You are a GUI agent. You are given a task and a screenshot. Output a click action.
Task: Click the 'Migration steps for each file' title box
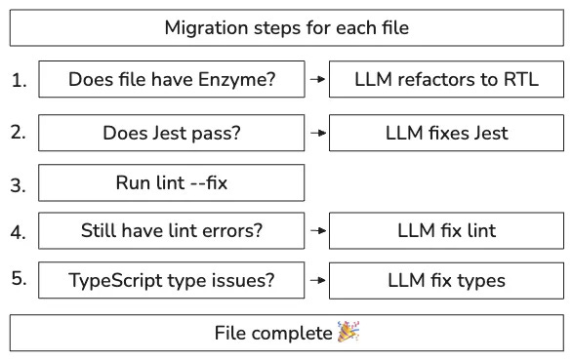(x=287, y=27)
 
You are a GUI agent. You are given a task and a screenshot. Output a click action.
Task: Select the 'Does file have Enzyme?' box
(x=172, y=79)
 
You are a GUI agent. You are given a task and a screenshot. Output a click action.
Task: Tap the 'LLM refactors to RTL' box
(x=446, y=79)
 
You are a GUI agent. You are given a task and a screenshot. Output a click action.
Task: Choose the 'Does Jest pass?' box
(x=172, y=133)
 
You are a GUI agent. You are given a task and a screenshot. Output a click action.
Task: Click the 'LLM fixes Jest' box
(x=446, y=133)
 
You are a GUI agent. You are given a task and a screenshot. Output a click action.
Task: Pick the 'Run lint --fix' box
(x=172, y=182)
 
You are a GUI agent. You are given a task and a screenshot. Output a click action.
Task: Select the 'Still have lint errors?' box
(x=172, y=231)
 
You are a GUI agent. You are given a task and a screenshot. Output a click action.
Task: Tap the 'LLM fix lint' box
(x=446, y=231)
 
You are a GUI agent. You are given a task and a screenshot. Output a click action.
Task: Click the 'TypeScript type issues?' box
(x=172, y=280)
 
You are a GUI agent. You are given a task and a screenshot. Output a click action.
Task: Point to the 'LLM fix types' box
(x=446, y=280)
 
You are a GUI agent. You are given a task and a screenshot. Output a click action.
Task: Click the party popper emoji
(x=348, y=332)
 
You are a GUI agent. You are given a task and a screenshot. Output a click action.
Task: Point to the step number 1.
(x=19, y=80)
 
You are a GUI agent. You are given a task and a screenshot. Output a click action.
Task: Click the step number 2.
(x=19, y=132)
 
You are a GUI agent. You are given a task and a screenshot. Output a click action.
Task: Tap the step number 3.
(x=19, y=185)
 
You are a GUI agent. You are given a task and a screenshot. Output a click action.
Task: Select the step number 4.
(x=19, y=232)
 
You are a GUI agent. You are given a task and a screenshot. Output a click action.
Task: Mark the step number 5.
(x=19, y=279)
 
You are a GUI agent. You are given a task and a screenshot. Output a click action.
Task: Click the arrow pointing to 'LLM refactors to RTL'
(x=317, y=79)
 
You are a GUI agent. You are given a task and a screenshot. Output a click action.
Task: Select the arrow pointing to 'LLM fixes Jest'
(x=317, y=133)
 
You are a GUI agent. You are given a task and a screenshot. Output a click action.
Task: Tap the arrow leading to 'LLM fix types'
(x=317, y=280)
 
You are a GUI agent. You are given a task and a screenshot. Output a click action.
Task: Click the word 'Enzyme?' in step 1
(x=237, y=80)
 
